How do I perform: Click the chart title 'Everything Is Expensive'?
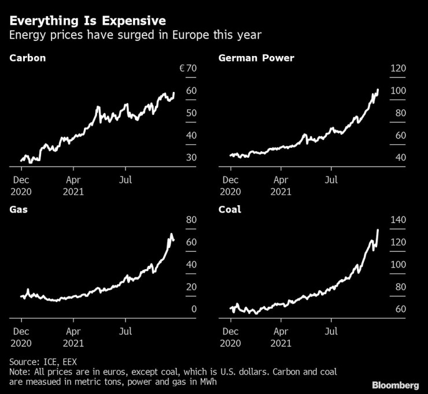pos(87,21)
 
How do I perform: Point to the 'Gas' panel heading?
pos(19,210)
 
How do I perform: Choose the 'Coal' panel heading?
pos(230,210)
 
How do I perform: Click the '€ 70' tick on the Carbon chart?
pos(188,68)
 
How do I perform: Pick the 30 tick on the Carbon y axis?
pos(190,158)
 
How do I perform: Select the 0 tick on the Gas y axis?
pos(194,310)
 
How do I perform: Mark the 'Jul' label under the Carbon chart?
pos(126,180)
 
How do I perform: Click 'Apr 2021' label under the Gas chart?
pos(73,337)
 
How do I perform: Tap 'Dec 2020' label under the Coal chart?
pos(232,337)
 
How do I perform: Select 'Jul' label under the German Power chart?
pos(331,180)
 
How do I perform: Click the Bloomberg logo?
pos(395,385)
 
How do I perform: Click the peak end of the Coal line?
pos(378,230)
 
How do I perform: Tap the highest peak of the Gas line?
pos(171,234)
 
